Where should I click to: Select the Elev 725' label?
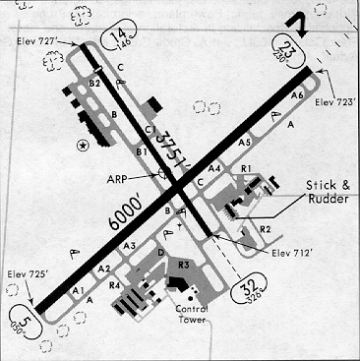tap(28, 272)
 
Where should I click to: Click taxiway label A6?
tap(297, 94)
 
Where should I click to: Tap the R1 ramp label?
tap(246, 169)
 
